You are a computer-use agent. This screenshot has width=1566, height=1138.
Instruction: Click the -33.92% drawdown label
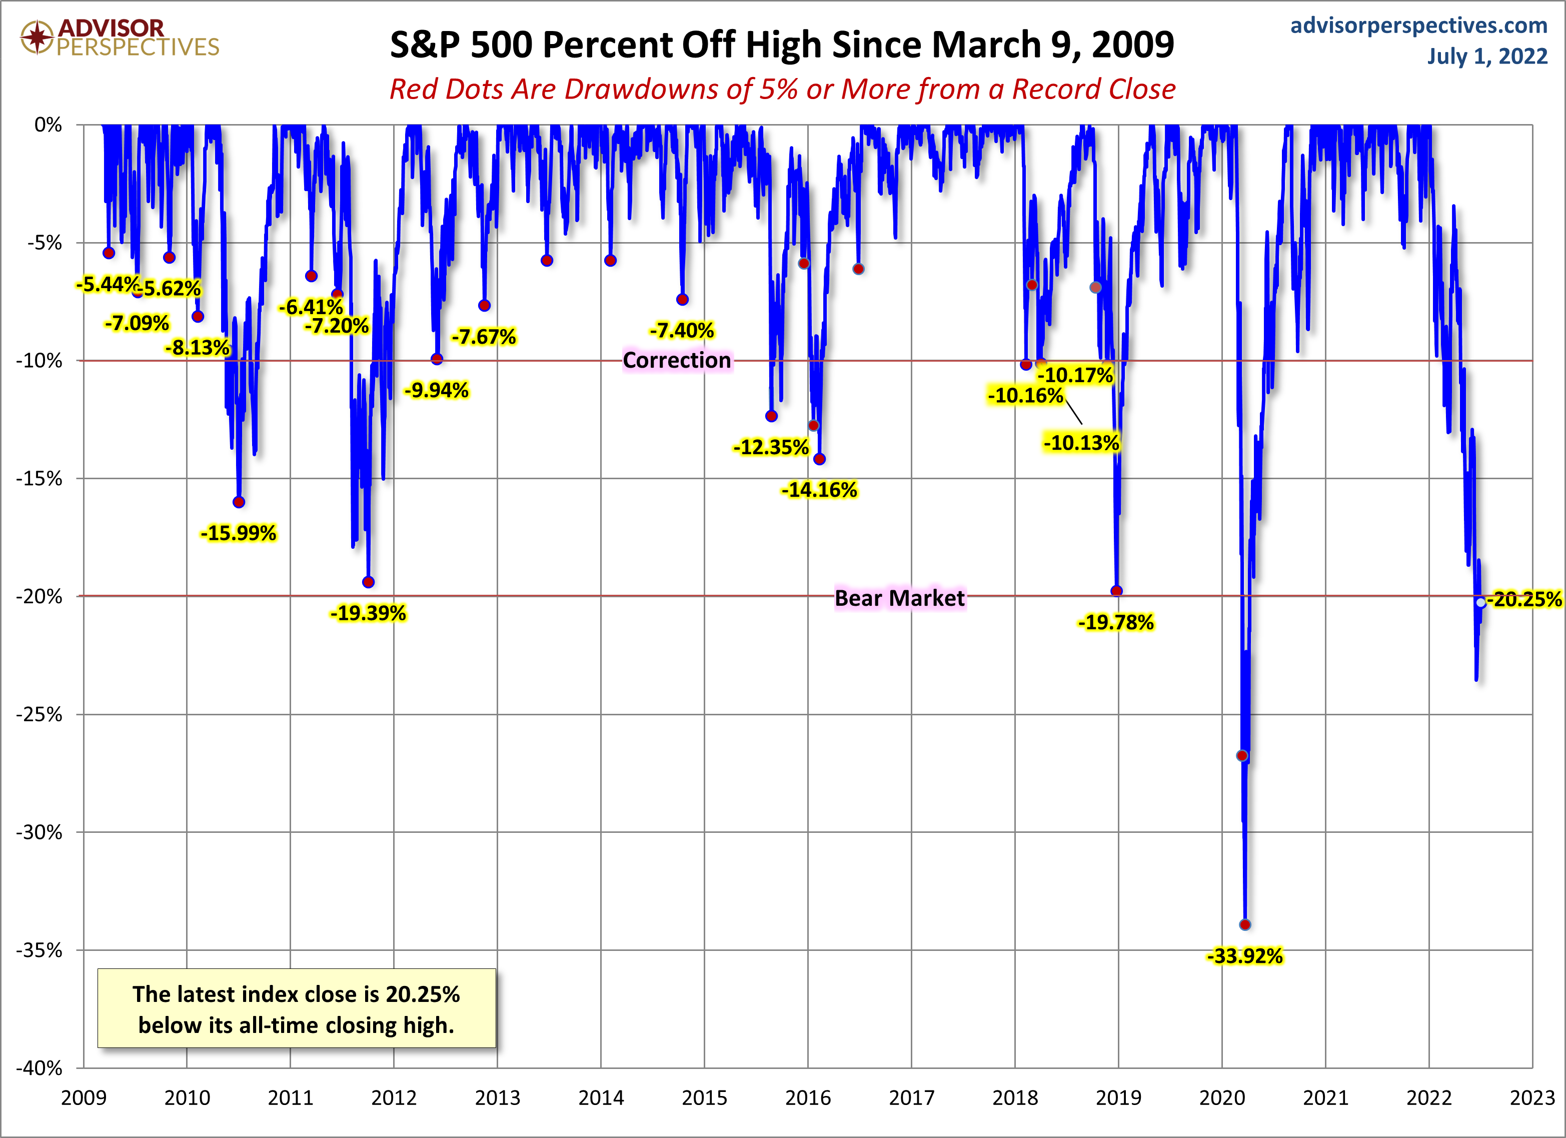pyautogui.click(x=1244, y=956)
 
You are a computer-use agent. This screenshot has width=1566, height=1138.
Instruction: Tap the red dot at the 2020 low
pyautogui.click(x=1245, y=924)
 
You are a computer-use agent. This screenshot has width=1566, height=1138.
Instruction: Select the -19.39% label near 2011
pyautogui.click(x=368, y=613)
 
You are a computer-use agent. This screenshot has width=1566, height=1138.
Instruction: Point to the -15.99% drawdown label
pyautogui.click(x=238, y=533)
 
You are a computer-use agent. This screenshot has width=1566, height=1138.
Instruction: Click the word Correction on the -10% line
pyautogui.click(x=677, y=361)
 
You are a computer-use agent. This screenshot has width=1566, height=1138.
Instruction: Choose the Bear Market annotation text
pyautogui.click(x=899, y=598)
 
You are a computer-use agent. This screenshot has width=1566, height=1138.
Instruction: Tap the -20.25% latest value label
pyautogui.click(x=1524, y=599)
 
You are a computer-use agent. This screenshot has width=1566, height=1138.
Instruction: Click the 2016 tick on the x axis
pyautogui.click(x=808, y=1098)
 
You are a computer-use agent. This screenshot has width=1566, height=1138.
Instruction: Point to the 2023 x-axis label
pyautogui.click(x=1532, y=1098)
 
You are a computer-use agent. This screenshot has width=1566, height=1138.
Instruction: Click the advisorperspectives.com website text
pyautogui.click(x=1419, y=26)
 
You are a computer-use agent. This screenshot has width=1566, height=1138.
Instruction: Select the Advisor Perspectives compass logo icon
pyautogui.click(x=37, y=37)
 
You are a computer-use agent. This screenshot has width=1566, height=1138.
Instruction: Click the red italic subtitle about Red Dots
pyautogui.click(x=782, y=89)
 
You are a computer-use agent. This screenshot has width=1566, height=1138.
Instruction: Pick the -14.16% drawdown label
pyautogui.click(x=819, y=490)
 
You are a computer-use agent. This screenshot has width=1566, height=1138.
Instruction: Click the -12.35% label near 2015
pyautogui.click(x=771, y=448)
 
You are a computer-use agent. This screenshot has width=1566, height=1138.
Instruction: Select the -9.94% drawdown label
pyautogui.click(x=436, y=391)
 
